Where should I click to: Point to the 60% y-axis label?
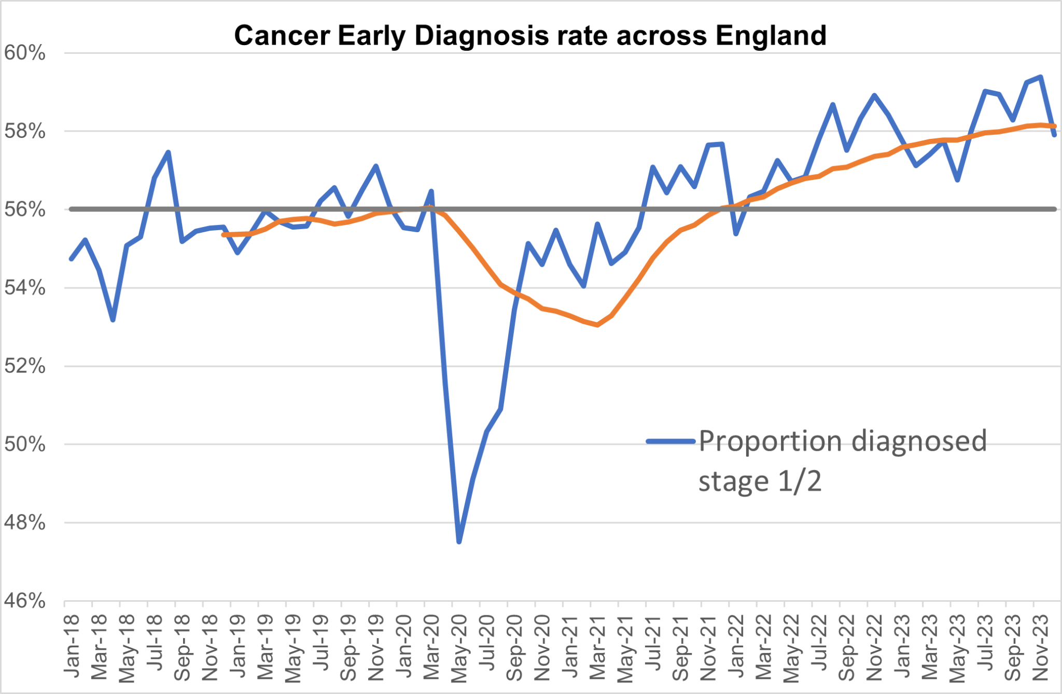24,53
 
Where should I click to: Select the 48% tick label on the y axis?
24,522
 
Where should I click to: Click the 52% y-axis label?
24,366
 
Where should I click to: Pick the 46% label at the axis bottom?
24,601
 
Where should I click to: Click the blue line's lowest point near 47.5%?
459,542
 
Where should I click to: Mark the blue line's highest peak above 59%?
1041,77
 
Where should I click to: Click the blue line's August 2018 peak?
168,152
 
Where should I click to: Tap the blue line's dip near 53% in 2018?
113,320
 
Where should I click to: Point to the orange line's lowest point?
598,325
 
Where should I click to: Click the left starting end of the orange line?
223,235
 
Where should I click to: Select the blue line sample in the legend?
670,442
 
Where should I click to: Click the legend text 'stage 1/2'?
760,481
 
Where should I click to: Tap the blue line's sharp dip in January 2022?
736,234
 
